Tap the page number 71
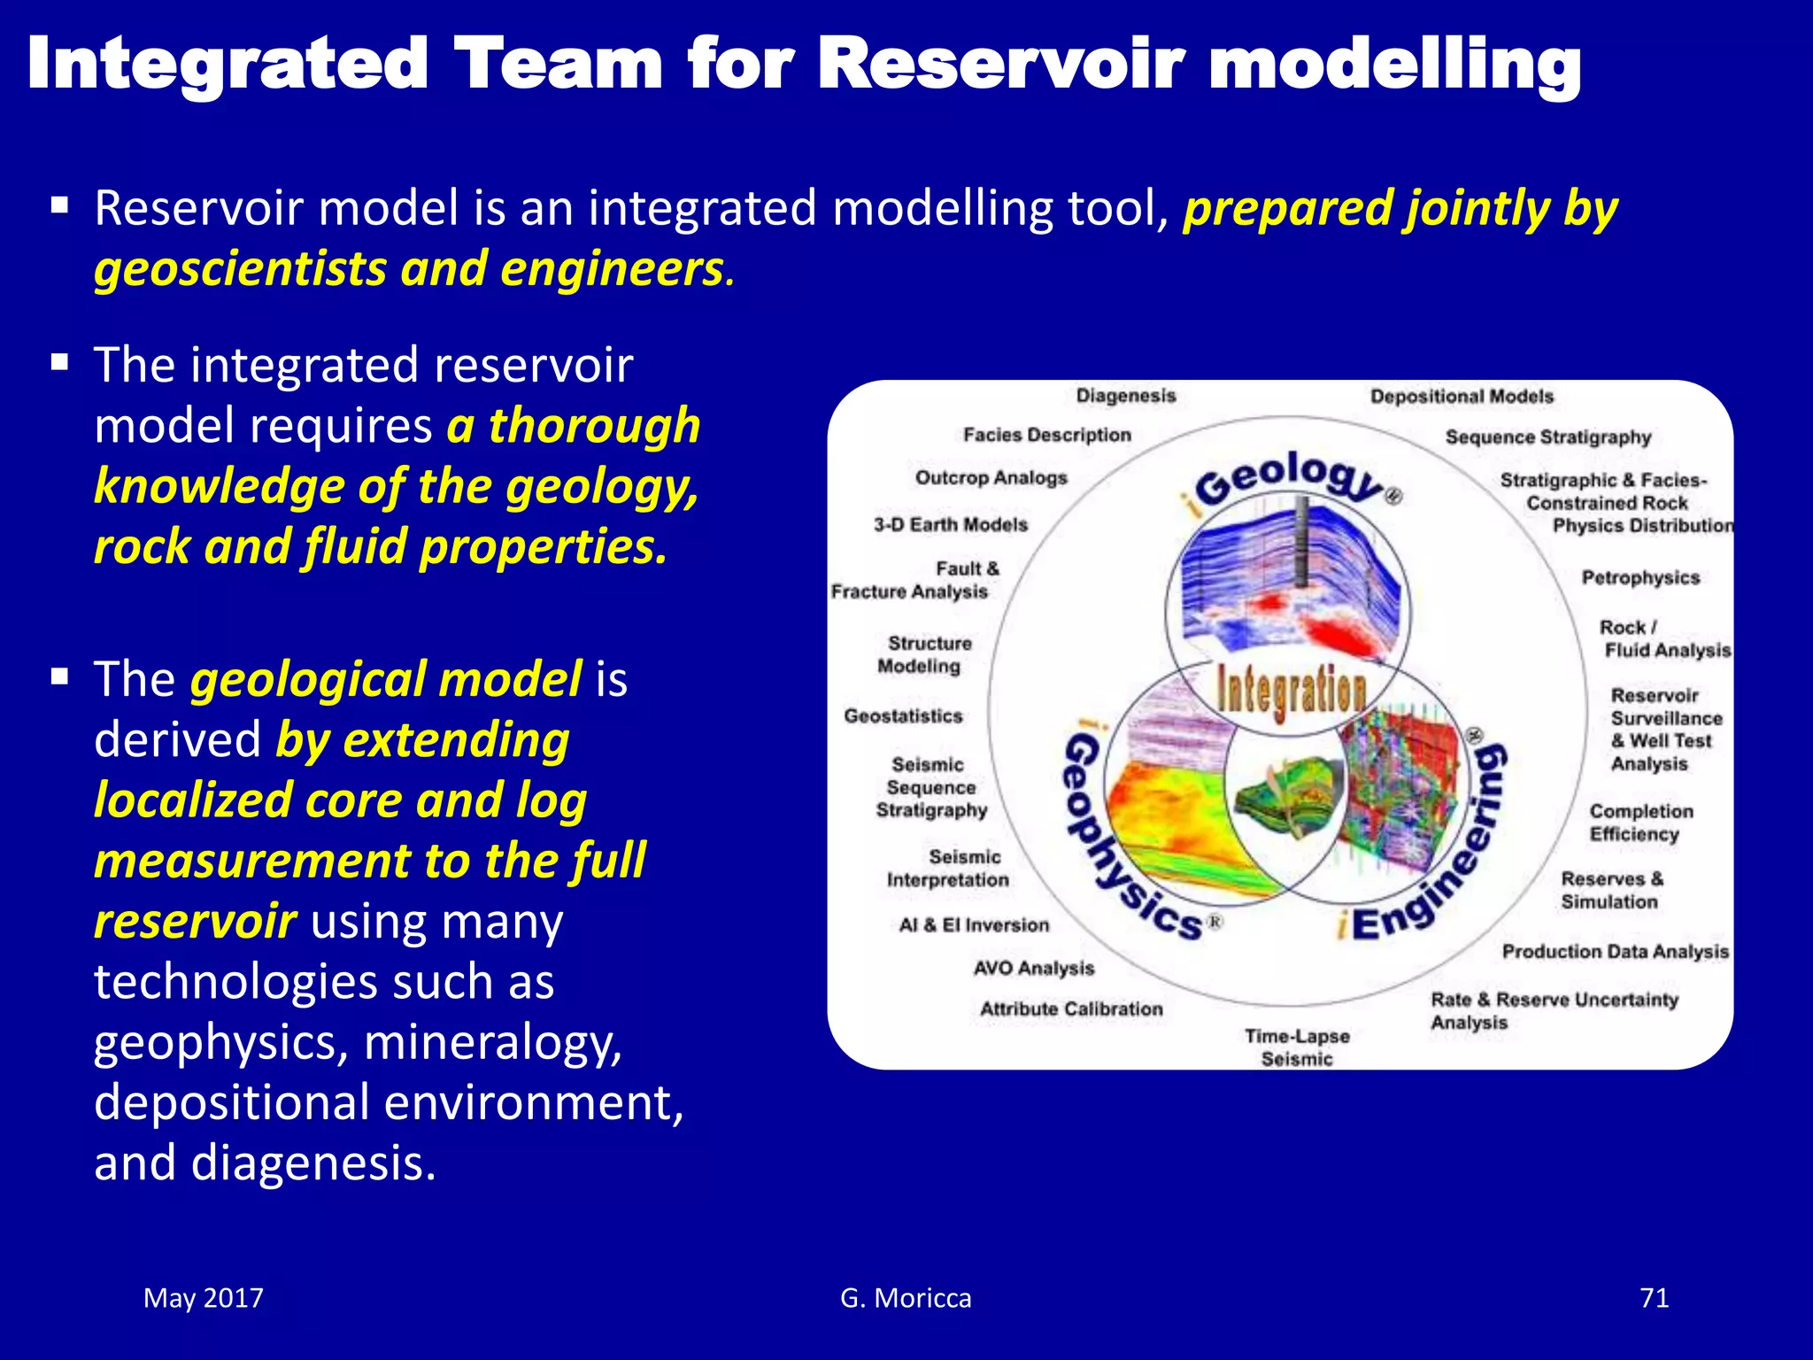[1654, 1298]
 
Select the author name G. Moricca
[906, 1298]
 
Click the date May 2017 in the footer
[204, 1298]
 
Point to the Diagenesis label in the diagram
[1125, 396]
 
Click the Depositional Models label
[1462, 397]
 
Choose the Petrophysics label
[1640, 578]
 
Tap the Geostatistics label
[903, 715]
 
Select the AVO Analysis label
[1033, 968]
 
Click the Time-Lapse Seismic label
[1297, 1047]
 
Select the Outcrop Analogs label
[991, 478]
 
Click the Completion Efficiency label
[1639, 823]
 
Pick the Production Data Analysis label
[1615, 952]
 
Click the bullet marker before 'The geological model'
[60, 678]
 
